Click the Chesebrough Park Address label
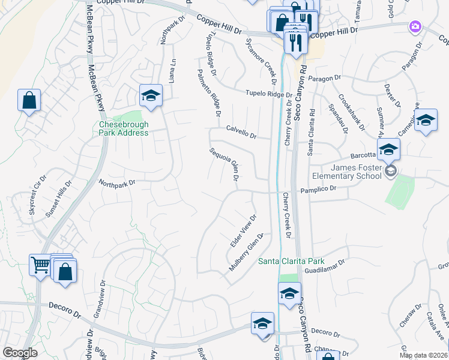coord(124,128)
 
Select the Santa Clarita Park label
coord(291,261)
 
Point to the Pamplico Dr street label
coord(330,188)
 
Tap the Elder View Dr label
coord(244,231)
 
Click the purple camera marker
coord(415,26)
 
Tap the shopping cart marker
coord(40,264)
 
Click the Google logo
coord(20,353)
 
